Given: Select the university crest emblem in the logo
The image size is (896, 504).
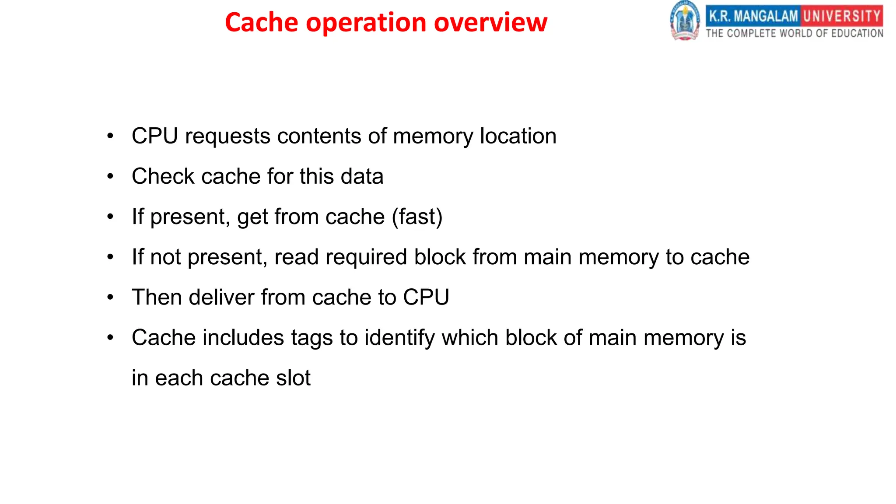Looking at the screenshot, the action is coord(685,21).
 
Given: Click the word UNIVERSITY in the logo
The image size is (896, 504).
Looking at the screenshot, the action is coord(842,16).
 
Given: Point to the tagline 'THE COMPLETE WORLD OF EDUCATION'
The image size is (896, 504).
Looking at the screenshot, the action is coord(794,33).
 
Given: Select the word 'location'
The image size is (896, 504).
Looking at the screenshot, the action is coord(518,136).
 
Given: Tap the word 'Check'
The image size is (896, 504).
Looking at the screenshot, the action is coord(163,176).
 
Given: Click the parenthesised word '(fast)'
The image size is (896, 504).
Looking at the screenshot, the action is coord(417,217).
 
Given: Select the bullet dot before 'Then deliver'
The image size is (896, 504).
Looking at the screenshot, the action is coord(110,297).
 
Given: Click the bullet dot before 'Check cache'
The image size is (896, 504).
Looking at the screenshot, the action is coord(110,176).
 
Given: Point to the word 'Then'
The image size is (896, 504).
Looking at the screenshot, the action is coord(157,297).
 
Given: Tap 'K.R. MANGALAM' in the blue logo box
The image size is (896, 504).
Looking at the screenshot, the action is coord(753,16).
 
